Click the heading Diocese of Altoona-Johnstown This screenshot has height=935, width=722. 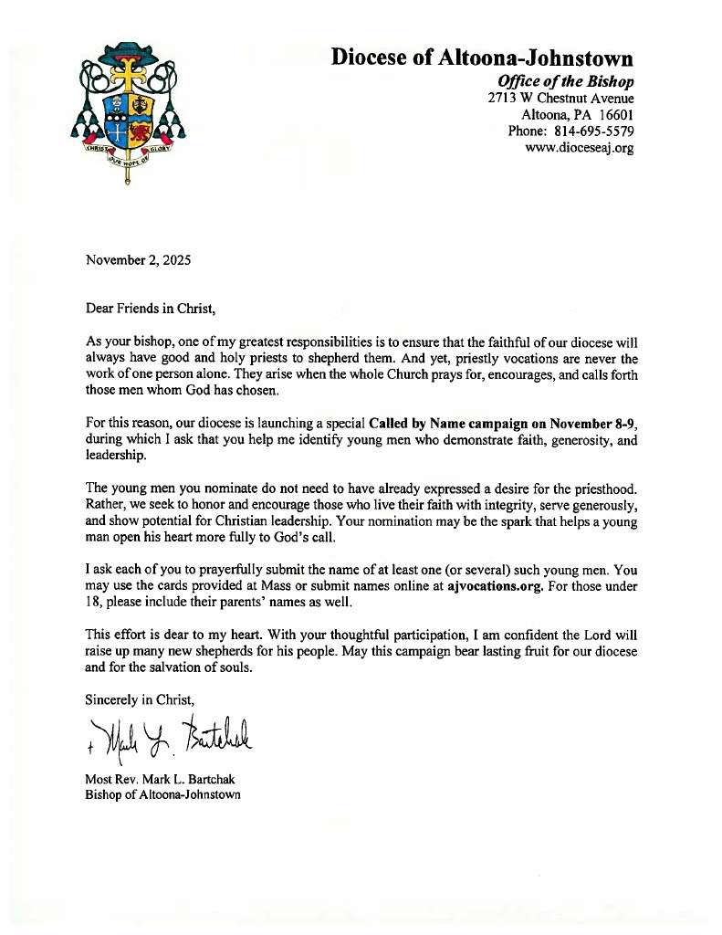point(482,58)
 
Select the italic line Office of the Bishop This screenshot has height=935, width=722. point(559,81)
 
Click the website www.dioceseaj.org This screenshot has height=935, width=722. point(580,147)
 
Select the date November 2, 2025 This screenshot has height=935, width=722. point(138,260)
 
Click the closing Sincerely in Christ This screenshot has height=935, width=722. point(140,700)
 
